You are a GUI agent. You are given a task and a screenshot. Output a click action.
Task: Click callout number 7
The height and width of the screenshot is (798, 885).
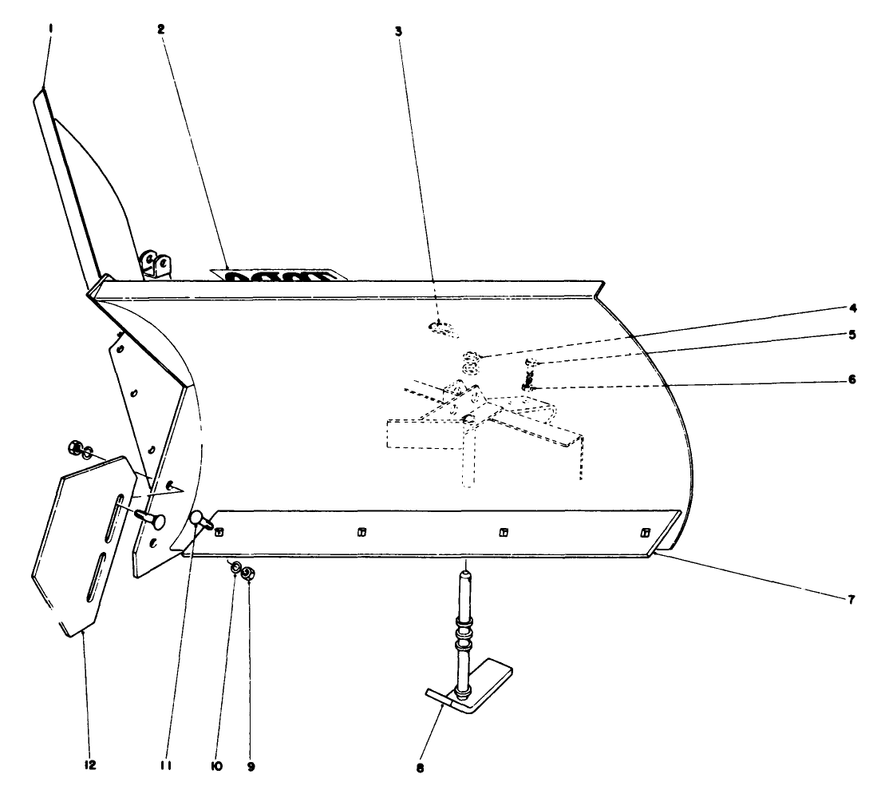(852, 598)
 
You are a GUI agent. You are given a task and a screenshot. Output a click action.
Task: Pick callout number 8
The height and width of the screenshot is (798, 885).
(421, 769)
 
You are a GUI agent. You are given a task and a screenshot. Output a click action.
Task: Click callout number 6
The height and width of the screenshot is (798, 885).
(852, 380)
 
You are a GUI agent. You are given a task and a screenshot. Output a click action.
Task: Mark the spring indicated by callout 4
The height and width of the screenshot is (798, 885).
(471, 363)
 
